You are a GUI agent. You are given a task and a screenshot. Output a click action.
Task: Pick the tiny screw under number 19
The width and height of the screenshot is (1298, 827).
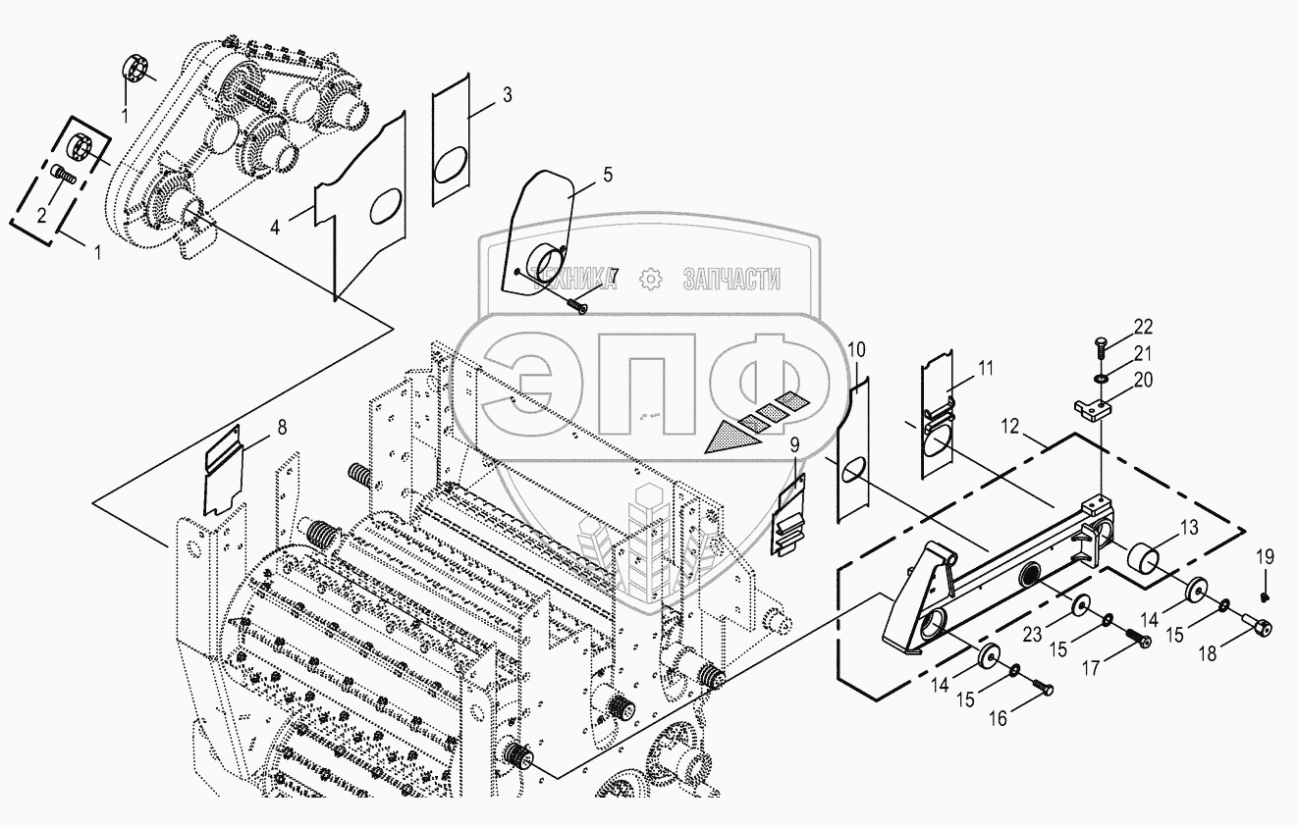click(1265, 595)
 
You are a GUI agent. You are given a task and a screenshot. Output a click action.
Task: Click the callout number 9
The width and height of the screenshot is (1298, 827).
click(794, 443)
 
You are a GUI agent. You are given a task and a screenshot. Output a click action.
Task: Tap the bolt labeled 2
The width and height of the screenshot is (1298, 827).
click(65, 179)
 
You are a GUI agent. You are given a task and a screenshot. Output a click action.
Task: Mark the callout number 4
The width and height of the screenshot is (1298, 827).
click(276, 228)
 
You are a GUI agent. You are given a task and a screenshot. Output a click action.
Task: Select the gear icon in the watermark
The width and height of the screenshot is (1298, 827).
click(649, 280)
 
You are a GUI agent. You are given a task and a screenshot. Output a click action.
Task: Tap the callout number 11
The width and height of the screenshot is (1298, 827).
click(985, 368)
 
